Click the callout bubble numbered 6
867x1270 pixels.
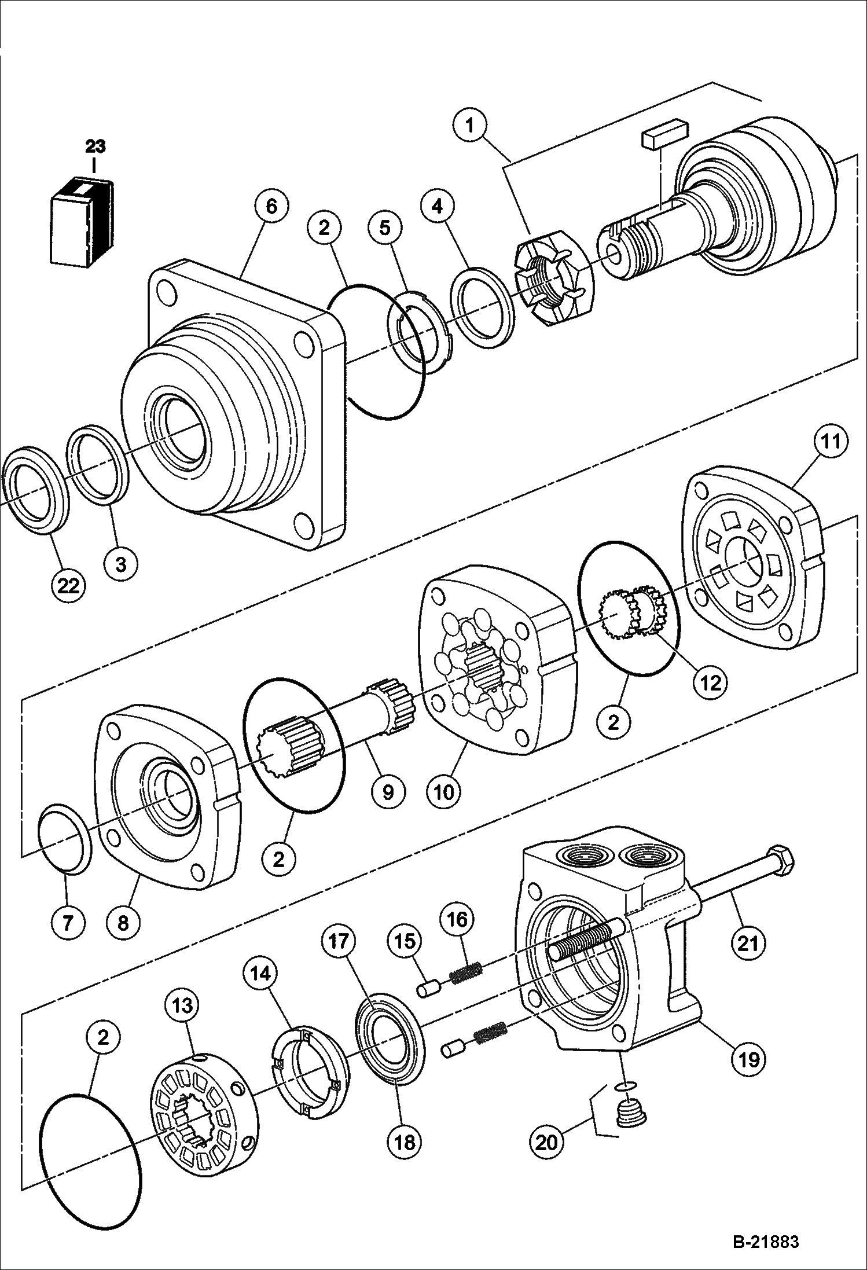[270, 206]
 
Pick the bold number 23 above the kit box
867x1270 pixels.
[95, 146]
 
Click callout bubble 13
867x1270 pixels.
[182, 1005]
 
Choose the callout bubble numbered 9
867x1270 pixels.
[387, 790]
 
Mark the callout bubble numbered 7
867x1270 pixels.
[68, 921]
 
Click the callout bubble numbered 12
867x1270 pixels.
[711, 682]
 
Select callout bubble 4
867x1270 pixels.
[438, 206]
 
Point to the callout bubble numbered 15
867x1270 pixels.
[405, 941]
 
